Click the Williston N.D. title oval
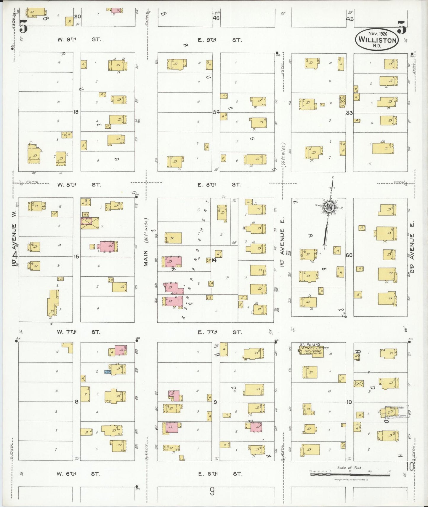377,40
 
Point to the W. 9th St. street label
79,39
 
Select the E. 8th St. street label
219,185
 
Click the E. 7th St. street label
219,332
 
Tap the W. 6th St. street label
78,474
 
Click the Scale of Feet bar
350,474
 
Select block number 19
76,112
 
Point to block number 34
216,112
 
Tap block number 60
349,255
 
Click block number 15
76,256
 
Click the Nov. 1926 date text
378,34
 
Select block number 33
349,113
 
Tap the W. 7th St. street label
78,332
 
